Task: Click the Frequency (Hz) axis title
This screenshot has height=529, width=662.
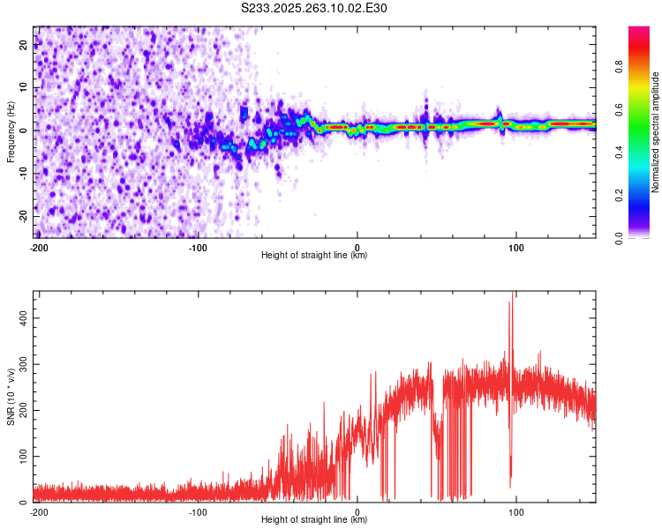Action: (x=11, y=131)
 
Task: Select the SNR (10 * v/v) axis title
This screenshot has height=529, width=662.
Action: (x=11, y=396)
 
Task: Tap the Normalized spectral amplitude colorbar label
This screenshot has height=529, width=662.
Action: (x=656, y=131)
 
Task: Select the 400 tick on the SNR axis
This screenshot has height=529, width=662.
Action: (x=20, y=315)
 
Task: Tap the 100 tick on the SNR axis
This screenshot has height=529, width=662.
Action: (x=20, y=456)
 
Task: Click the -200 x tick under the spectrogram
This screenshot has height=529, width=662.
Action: (x=39, y=248)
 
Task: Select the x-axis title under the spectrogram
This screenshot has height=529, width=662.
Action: (x=314, y=256)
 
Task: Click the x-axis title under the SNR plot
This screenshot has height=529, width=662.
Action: (x=314, y=520)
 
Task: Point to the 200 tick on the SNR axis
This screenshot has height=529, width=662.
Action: (x=20, y=408)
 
